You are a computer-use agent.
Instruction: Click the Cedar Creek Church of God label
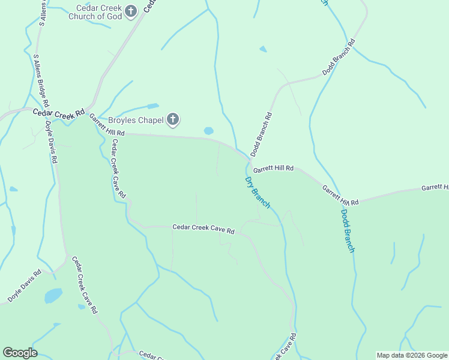click(x=99, y=12)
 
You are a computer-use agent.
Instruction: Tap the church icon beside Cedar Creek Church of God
click(x=131, y=10)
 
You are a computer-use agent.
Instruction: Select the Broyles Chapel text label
click(x=136, y=120)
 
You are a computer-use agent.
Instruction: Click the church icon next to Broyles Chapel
click(x=173, y=120)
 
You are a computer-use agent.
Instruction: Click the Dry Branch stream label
click(x=258, y=193)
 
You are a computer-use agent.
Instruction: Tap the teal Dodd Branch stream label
click(x=348, y=230)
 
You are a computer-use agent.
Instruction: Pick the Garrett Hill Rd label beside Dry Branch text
click(x=273, y=169)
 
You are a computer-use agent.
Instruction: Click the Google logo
click(x=20, y=353)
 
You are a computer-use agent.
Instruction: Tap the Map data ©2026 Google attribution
click(x=411, y=355)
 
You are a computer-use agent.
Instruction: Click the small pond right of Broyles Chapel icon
click(x=208, y=131)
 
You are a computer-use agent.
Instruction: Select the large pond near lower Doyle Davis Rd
click(x=53, y=296)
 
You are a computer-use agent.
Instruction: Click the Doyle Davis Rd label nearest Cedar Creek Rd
click(x=52, y=143)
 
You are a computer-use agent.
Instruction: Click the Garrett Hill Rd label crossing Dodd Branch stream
click(x=340, y=196)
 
